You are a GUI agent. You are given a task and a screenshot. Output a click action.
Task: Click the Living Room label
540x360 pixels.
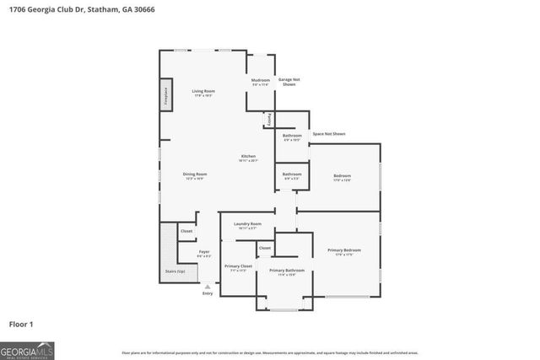(203, 91)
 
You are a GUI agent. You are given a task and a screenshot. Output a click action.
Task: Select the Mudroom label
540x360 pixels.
(260, 80)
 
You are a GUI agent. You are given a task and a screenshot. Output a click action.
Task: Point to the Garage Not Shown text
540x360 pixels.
(289, 82)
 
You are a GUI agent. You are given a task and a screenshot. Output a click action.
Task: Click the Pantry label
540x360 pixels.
(270, 121)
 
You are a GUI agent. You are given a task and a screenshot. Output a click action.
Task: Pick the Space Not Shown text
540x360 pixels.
(328, 134)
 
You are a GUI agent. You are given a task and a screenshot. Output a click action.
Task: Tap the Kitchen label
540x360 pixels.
(248, 156)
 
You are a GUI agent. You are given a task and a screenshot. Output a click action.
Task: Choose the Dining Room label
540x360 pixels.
(195, 175)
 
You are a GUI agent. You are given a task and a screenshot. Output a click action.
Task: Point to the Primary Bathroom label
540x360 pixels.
(287, 271)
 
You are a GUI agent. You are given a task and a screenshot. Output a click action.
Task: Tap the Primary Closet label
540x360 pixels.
(238, 266)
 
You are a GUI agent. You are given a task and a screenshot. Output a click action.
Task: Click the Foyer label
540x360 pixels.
(204, 252)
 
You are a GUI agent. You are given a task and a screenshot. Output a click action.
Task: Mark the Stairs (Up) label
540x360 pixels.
(174, 271)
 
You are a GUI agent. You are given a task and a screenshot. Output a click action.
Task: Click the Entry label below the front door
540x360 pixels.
(208, 293)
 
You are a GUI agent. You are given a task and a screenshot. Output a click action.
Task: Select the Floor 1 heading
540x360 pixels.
(21, 324)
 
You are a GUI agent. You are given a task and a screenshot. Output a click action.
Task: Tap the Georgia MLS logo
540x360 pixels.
(27, 349)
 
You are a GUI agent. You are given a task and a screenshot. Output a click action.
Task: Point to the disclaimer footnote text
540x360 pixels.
(270, 352)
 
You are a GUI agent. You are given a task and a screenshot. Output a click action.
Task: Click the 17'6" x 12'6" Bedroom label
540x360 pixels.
(342, 177)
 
